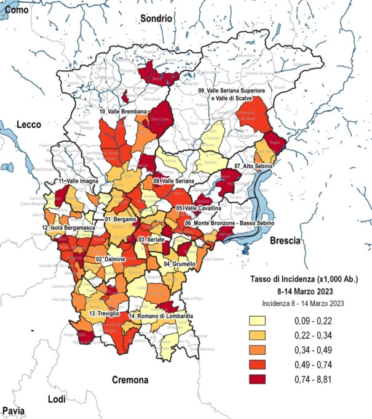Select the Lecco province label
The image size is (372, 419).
coord(28,124)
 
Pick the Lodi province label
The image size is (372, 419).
coord(56,400)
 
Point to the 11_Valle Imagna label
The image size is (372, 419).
coord(78,182)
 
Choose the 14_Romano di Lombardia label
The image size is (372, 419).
coord(162,316)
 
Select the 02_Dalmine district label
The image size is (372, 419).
coord(111,259)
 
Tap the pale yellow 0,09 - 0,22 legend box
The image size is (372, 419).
coord(260,321)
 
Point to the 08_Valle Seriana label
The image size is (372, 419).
coord(173,181)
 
